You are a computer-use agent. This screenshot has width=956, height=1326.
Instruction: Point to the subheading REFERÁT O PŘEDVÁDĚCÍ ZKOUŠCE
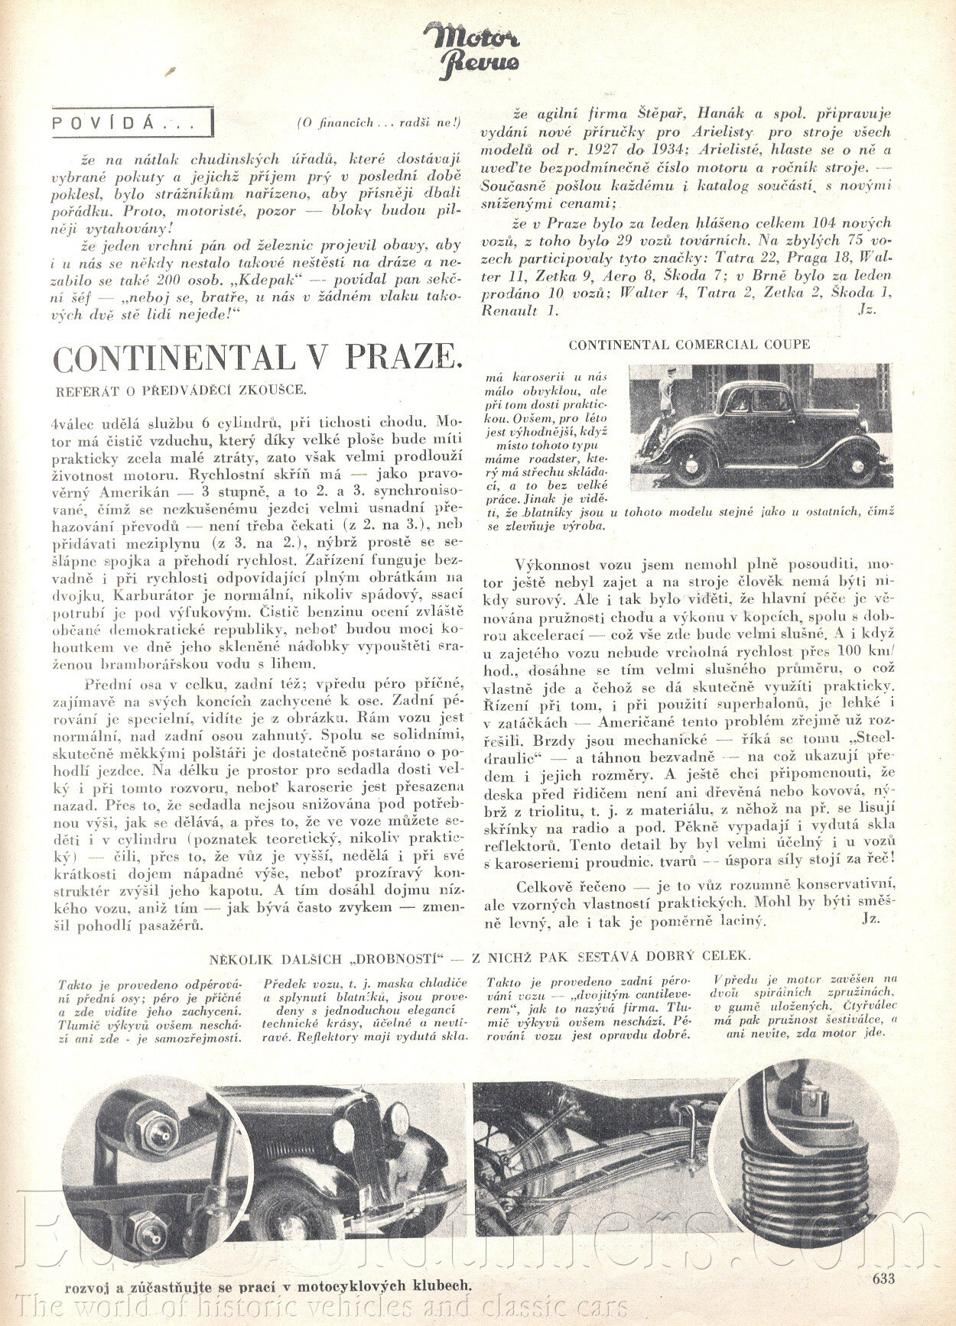coord(180,390)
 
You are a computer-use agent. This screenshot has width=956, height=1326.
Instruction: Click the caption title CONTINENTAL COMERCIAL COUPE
coord(689,345)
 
